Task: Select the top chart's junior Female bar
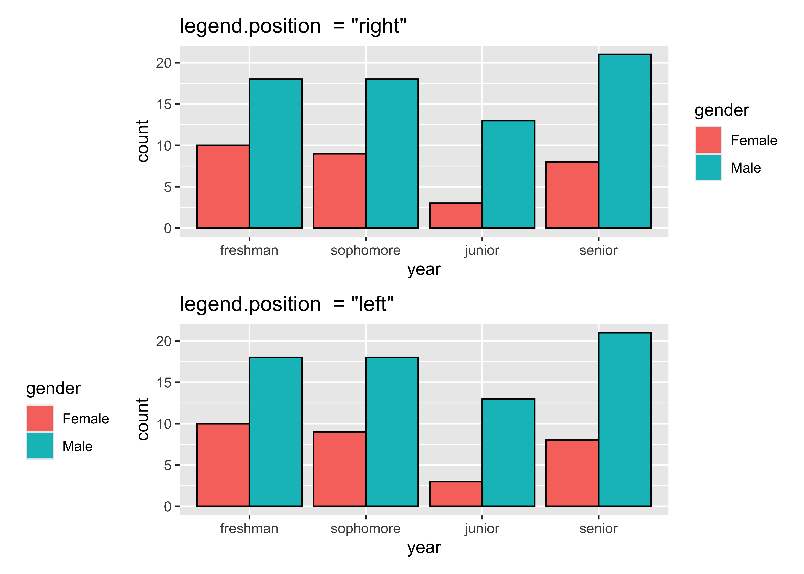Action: (456, 216)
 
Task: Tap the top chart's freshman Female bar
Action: (223, 187)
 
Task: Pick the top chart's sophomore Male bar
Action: (392, 154)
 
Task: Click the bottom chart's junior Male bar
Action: (508, 453)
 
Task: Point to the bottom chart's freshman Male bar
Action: (275, 432)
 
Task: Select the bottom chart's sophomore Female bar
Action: (339, 469)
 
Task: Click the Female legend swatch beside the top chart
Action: (708, 140)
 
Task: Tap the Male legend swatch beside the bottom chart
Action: (40, 446)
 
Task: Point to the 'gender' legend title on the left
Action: (53, 388)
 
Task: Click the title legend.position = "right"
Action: (293, 26)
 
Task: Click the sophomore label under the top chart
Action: (366, 250)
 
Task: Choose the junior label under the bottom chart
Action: (482, 528)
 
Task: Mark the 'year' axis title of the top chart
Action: (424, 269)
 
